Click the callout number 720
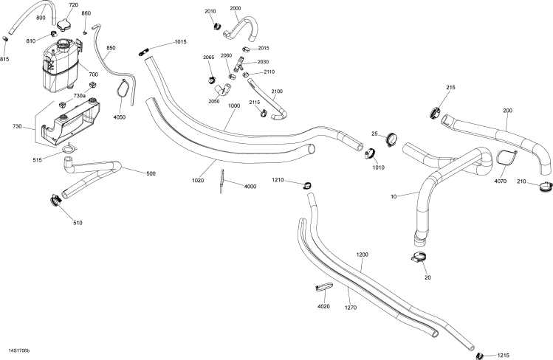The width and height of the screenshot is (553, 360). click(73, 5)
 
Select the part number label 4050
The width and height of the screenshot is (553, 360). click(119, 117)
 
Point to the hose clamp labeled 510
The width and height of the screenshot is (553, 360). click(55, 199)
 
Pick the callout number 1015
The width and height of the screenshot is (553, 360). click(181, 42)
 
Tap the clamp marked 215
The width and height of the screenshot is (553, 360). click(433, 113)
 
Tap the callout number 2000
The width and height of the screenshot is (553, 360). click(236, 8)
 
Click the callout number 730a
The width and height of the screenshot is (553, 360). click(79, 96)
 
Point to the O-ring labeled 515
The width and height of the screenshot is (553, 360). click(68, 151)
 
